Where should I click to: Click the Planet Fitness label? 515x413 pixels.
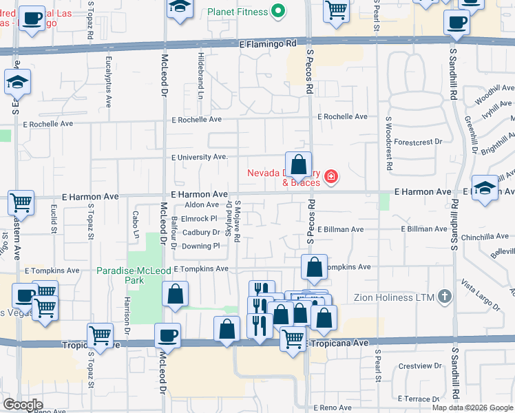[x=237, y=11]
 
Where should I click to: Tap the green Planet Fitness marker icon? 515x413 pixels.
[x=278, y=11]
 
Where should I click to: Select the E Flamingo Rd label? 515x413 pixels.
[x=268, y=43]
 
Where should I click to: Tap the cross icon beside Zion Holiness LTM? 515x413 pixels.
[x=445, y=297]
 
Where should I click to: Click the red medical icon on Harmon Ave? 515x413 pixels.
[x=331, y=178]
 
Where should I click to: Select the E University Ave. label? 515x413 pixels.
[x=200, y=157]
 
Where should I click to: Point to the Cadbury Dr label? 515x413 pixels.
[x=200, y=232]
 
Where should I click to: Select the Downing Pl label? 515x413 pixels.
[x=200, y=246]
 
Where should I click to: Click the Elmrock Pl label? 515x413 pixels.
[x=199, y=218]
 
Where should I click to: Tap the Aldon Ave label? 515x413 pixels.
[x=202, y=205]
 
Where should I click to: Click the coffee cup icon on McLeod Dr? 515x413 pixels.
[x=168, y=336]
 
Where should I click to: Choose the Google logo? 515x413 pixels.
[x=23, y=405]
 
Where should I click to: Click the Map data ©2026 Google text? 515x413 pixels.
[x=472, y=407]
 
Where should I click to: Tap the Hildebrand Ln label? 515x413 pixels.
[x=200, y=73]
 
